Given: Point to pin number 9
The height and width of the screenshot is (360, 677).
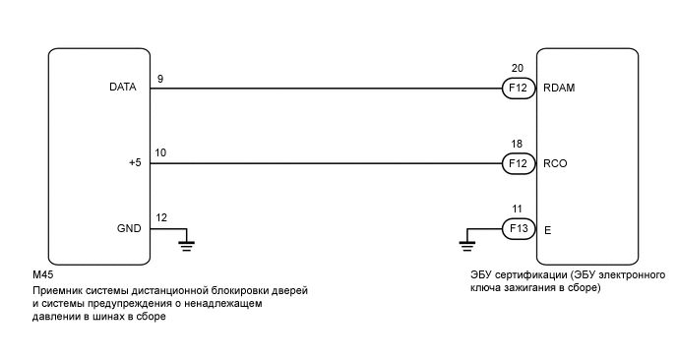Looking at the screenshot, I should coord(159,77).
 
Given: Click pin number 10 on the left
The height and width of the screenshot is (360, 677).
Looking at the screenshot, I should coord(161,151).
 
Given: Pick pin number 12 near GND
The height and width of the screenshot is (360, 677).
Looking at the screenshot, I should coord(161,216).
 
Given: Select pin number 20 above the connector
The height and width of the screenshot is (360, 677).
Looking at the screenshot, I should coord(517,69).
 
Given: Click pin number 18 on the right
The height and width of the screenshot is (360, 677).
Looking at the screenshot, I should coord(517,144).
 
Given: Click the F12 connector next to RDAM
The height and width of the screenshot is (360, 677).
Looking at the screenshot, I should coord(517,89).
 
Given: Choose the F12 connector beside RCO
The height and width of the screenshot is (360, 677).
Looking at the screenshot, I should coord(517,163).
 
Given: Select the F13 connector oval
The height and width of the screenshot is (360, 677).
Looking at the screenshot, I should coord(517,229).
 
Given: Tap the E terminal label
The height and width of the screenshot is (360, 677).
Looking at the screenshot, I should coord(547,229).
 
